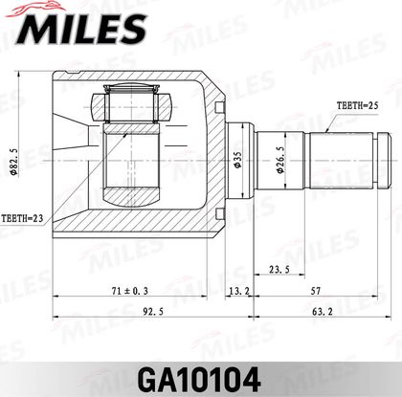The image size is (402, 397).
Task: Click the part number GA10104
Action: pos(199,380)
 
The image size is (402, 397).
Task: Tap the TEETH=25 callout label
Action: pos(357,106)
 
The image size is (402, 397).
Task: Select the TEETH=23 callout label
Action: pos(22,219)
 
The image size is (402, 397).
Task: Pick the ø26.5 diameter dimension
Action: pos(280,160)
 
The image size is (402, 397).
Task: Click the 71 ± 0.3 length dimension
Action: pos(130,291)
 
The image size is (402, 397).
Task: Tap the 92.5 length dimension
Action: pos(153,312)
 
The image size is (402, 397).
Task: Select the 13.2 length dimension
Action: pos(239,291)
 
